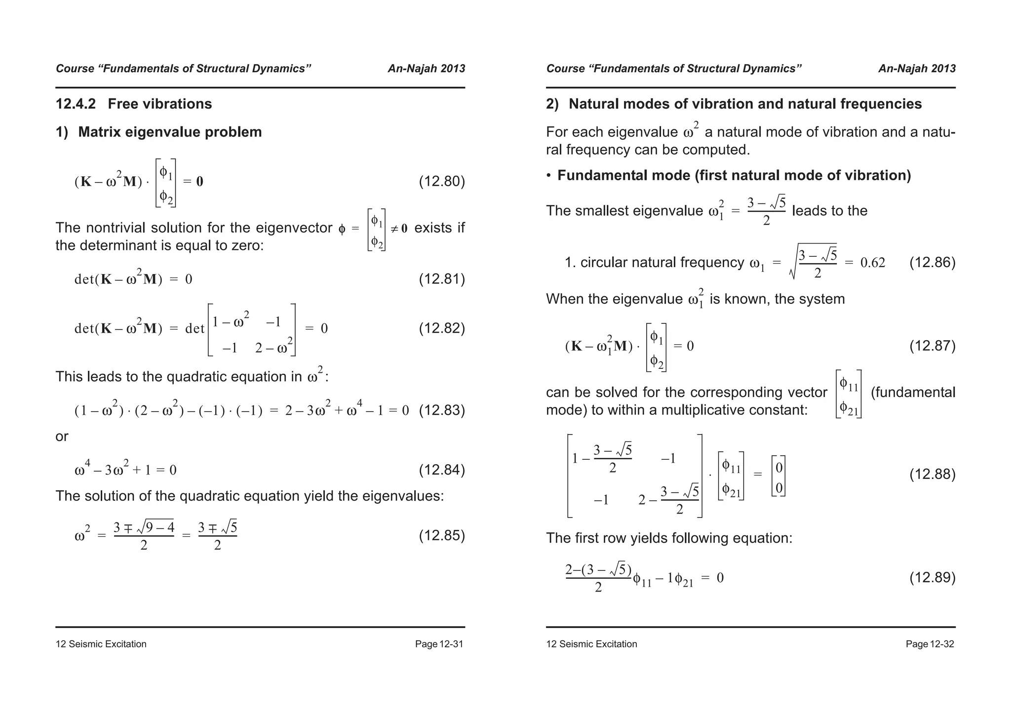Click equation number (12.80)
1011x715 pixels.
point(442,182)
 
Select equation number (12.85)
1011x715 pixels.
point(442,536)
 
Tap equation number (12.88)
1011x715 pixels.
point(932,475)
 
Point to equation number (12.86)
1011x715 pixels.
point(932,263)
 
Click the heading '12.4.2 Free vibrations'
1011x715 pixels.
point(134,104)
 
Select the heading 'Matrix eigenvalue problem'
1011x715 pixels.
point(170,132)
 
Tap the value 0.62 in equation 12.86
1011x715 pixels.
point(872,263)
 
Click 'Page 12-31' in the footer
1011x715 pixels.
point(439,644)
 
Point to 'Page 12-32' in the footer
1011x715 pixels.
point(930,644)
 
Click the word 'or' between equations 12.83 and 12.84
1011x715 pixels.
point(62,437)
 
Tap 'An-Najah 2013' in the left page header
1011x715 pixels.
point(426,69)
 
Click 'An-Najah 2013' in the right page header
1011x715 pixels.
point(917,69)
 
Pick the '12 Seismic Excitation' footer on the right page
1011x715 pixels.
point(591,644)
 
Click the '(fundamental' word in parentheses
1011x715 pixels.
point(913,393)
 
